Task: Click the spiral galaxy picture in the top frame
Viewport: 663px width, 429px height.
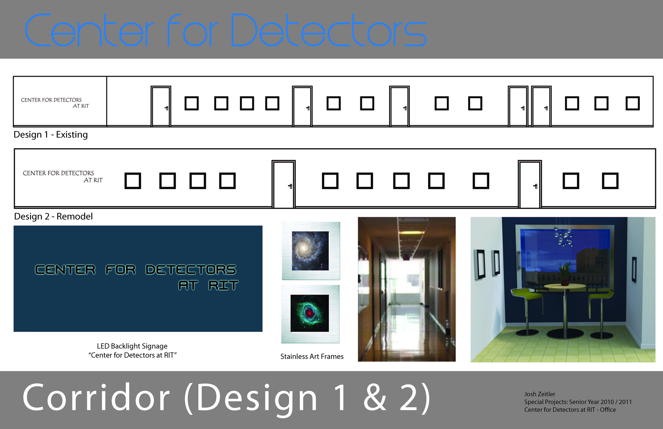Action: [310, 251]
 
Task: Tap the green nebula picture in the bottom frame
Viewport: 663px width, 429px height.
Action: [310, 313]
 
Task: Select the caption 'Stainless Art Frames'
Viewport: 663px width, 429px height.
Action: [312, 356]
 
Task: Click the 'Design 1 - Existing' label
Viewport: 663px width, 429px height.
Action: [51, 134]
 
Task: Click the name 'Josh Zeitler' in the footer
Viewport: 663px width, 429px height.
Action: [540, 394]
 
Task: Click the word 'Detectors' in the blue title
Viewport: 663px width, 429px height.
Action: [329, 30]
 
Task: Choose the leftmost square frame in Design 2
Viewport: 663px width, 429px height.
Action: [133, 181]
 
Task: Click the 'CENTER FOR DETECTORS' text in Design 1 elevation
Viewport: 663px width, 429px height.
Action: [51, 100]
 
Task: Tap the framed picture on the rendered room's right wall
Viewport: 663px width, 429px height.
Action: [634, 269]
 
